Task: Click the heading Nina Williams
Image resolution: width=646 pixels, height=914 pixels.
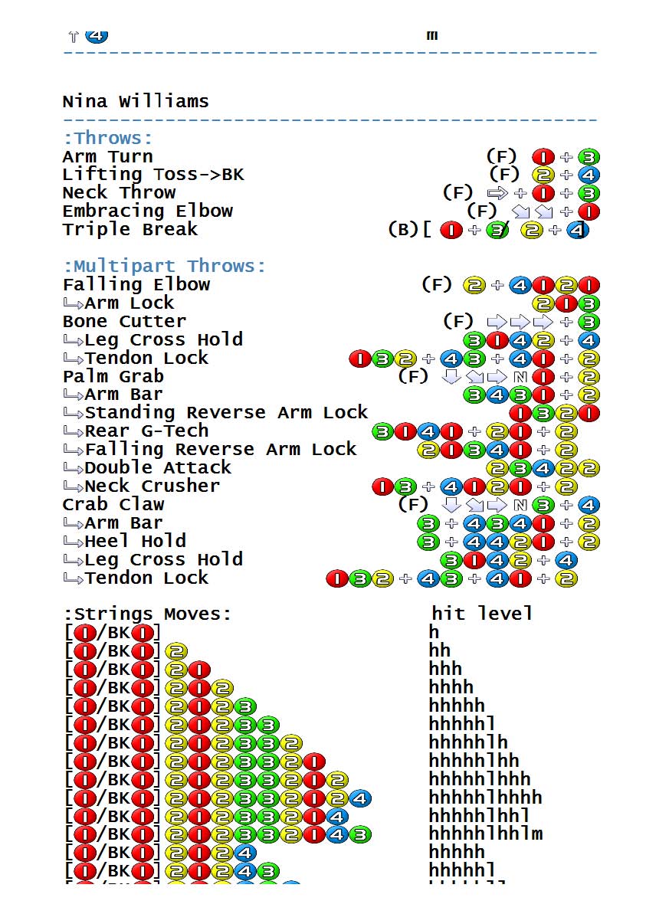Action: point(136,102)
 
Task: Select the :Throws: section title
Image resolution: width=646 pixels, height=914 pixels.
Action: point(108,138)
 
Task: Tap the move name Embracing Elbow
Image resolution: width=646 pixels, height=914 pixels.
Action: point(147,211)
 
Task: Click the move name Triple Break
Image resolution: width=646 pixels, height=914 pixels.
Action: point(130,229)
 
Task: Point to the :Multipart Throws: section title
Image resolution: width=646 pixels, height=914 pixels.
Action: point(164,266)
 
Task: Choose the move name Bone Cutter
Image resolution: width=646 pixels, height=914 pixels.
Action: point(124,321)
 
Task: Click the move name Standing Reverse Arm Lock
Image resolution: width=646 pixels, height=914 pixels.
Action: point(226,412)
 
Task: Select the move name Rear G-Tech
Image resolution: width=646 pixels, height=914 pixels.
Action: point(146,431)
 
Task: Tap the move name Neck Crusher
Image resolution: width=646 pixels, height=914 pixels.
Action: point(152,486)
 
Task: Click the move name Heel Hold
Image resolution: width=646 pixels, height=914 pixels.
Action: point(136,541)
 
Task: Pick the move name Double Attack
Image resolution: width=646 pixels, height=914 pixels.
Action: point(158,467)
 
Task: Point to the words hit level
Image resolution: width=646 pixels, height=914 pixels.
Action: point(481,613)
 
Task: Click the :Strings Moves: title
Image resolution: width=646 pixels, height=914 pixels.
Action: point(147,614)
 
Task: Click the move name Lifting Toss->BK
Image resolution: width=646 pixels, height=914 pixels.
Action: point(152,174)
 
